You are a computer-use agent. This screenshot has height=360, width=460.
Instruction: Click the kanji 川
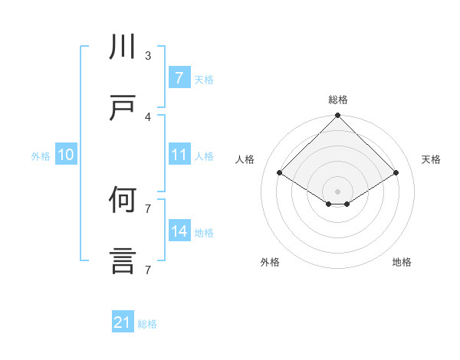click(x=123, y=48)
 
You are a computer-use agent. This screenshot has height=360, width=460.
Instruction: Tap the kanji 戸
click(x=123, y=108)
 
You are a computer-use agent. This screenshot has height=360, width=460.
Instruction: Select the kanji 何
click(x=123, y=201)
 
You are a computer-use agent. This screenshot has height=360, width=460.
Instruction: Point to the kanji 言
click(x=123, y=261)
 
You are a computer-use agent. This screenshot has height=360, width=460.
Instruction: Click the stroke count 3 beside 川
click(x=148, y=56)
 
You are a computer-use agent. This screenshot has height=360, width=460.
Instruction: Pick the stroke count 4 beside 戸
click(x=148, y=116)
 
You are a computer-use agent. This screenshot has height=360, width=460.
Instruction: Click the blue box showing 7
click(x=179, y=77)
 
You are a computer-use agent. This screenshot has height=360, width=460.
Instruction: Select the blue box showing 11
click(x=179, y=155)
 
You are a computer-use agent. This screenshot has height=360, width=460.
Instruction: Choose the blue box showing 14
click(x=179, y=231)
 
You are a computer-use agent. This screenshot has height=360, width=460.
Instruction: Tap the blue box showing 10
click(x=66, y=155)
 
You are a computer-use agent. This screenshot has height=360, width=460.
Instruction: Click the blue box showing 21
click(x=123, y=323)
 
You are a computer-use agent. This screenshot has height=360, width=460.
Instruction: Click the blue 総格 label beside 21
click(x=147, y=324)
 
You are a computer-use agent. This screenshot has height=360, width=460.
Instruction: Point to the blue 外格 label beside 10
click(x=41, y=155)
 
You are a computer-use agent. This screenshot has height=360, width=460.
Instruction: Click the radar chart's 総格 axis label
click(x=338, y=100)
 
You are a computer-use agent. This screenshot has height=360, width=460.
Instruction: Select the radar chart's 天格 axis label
click(x=432, y=159)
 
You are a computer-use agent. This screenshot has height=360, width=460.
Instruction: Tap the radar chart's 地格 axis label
click(x=402, y=262)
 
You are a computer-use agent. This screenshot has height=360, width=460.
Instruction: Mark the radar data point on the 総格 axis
click(x=338, y=116)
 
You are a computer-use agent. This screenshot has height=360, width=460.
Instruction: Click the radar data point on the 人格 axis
click(x=280, y=173)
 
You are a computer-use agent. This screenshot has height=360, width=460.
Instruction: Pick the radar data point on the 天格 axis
click(x=396, y=173)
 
